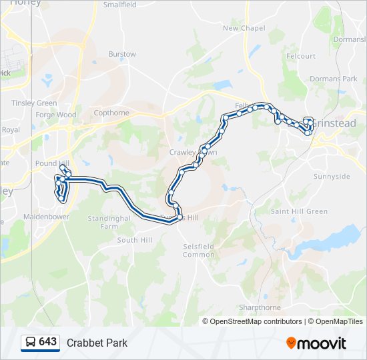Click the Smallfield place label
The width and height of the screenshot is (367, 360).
119,5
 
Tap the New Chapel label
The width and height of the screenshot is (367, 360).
244,28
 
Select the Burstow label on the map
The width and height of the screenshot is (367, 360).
122,54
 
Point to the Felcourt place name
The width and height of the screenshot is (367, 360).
300,56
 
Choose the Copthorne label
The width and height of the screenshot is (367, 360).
111,113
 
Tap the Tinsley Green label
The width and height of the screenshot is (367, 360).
34,103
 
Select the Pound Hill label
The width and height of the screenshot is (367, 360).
51,163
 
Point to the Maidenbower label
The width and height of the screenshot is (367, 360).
46,217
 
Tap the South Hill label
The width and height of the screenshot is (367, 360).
135,240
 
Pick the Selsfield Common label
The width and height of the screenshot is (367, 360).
199,250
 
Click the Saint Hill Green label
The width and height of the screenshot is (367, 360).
299,211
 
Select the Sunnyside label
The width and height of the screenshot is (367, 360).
332,177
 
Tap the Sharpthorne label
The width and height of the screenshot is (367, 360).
260,307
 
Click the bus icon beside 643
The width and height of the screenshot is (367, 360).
31,342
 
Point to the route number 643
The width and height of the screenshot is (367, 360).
48,341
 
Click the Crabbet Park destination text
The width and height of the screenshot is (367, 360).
97,343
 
